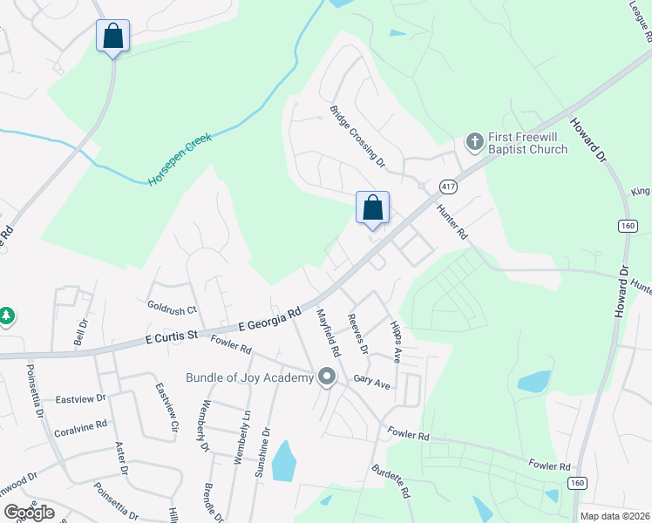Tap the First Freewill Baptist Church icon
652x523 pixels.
(474, 139)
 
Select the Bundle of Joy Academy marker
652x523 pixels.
(327, 377)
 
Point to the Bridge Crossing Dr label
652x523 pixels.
(357, 136)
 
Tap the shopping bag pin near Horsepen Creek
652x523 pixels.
(112, 37)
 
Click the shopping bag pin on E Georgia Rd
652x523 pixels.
(372, 208)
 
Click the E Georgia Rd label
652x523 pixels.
(269, 318)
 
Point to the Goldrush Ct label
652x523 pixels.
(173, 309)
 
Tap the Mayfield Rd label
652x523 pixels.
(328, 332)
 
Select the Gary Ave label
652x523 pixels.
(371, 381)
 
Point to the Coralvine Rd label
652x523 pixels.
(80, 424)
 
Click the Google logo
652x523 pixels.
(29, 513)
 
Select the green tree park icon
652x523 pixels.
(8, 316)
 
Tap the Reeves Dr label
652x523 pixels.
(357, 334)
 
